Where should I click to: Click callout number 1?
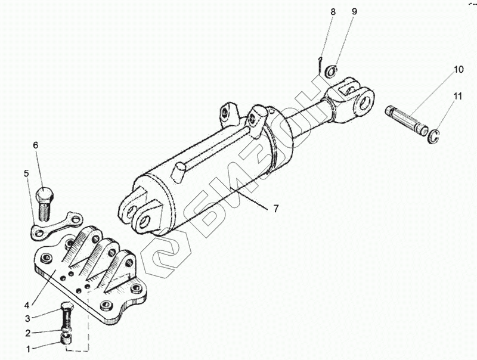[28, 349]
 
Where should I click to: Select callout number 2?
[28, 333]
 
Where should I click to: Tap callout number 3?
[27, 319]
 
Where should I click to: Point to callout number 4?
[27, 305]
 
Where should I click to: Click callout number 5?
[26, 173]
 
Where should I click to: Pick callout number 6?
[36, 145]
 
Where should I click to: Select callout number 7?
[275, 209]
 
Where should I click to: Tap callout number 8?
[333, 12]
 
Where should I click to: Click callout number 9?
[354, 11]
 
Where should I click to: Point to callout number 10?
[459, 69]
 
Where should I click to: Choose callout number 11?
[458, 97]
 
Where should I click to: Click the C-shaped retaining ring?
[433, 136]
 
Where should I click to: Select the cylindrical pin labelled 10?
[407, 120]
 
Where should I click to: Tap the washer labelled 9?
[332, 71]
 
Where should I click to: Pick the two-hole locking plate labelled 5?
[57, 225]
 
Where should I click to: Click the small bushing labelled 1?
[67, 339]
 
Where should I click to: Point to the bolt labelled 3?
[67, 316]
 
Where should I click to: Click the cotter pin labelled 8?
[320, 65]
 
